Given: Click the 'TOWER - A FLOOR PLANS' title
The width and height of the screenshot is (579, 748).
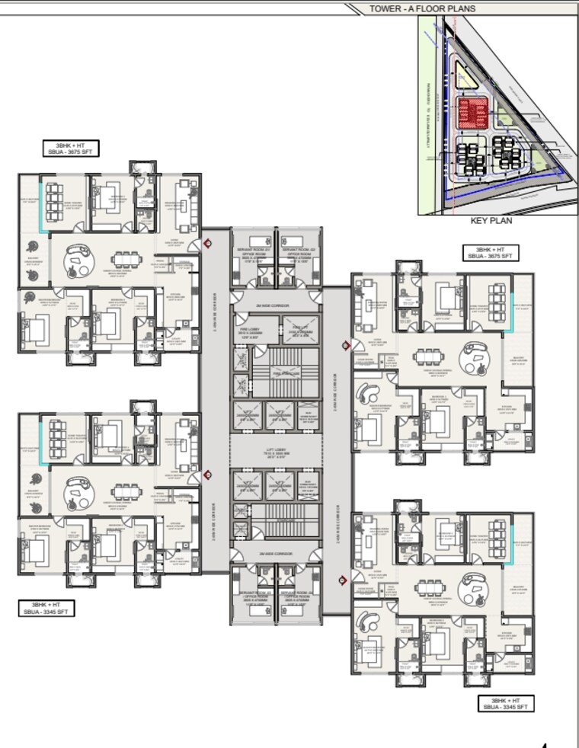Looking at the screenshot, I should (x=422, y=8).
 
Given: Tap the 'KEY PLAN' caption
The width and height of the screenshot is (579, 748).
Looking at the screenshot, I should (x=491, y=221).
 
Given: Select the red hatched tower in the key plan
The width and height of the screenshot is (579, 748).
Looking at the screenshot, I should (x=472, y=113).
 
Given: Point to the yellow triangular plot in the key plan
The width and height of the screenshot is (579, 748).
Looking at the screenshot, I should (x=462, y=75).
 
